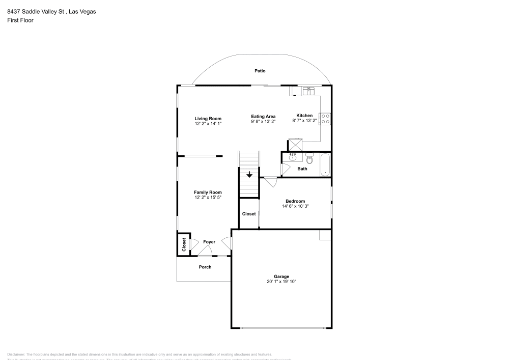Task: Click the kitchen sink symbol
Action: tap(308, 91)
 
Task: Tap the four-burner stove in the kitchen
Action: tap(325, 119)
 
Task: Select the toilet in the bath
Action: tap(309, 158)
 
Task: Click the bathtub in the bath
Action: tap(325, 165)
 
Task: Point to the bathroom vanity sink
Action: tap(293, 157)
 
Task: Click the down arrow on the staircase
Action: tap(249, 175)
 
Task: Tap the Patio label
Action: tap(260, 71)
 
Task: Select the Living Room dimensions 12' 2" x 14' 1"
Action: tap(208, 124)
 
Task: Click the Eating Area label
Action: tap(263, 117)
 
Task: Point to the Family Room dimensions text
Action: tap(208, 197)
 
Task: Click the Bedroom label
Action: tap(295, 201)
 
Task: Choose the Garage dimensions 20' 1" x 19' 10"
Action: tap(281, 282)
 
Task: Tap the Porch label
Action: tap(205, 267)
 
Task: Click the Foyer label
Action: tap(209, 242)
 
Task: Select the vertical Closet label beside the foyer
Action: tap(184, 244)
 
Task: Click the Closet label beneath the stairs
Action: tap(249, 214)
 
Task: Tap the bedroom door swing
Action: tap(270, 181)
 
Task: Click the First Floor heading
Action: tap(20, 20)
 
